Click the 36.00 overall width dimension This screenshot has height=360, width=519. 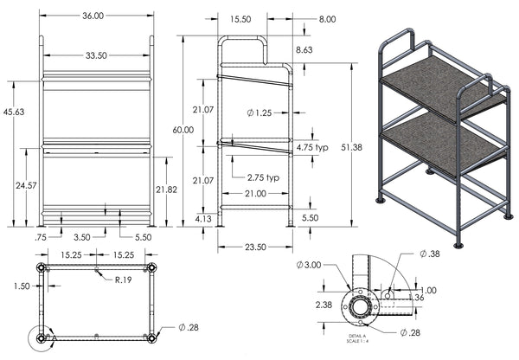tap(93, 16)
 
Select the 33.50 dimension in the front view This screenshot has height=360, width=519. tap(96, 55)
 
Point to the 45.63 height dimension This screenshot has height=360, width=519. tap(14, 112)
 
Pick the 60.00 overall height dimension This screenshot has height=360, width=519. tap(183, 130)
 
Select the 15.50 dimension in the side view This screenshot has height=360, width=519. tap(240, 17)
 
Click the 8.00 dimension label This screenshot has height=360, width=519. tap(304, 18)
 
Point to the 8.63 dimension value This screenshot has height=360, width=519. tap(304, 52)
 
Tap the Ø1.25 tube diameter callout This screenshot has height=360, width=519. tap(259, 113)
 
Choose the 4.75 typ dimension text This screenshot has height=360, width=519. tap(316, 148)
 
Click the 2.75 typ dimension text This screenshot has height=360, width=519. tap(263, 177)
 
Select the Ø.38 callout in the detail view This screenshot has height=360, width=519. tap(430, 254)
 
